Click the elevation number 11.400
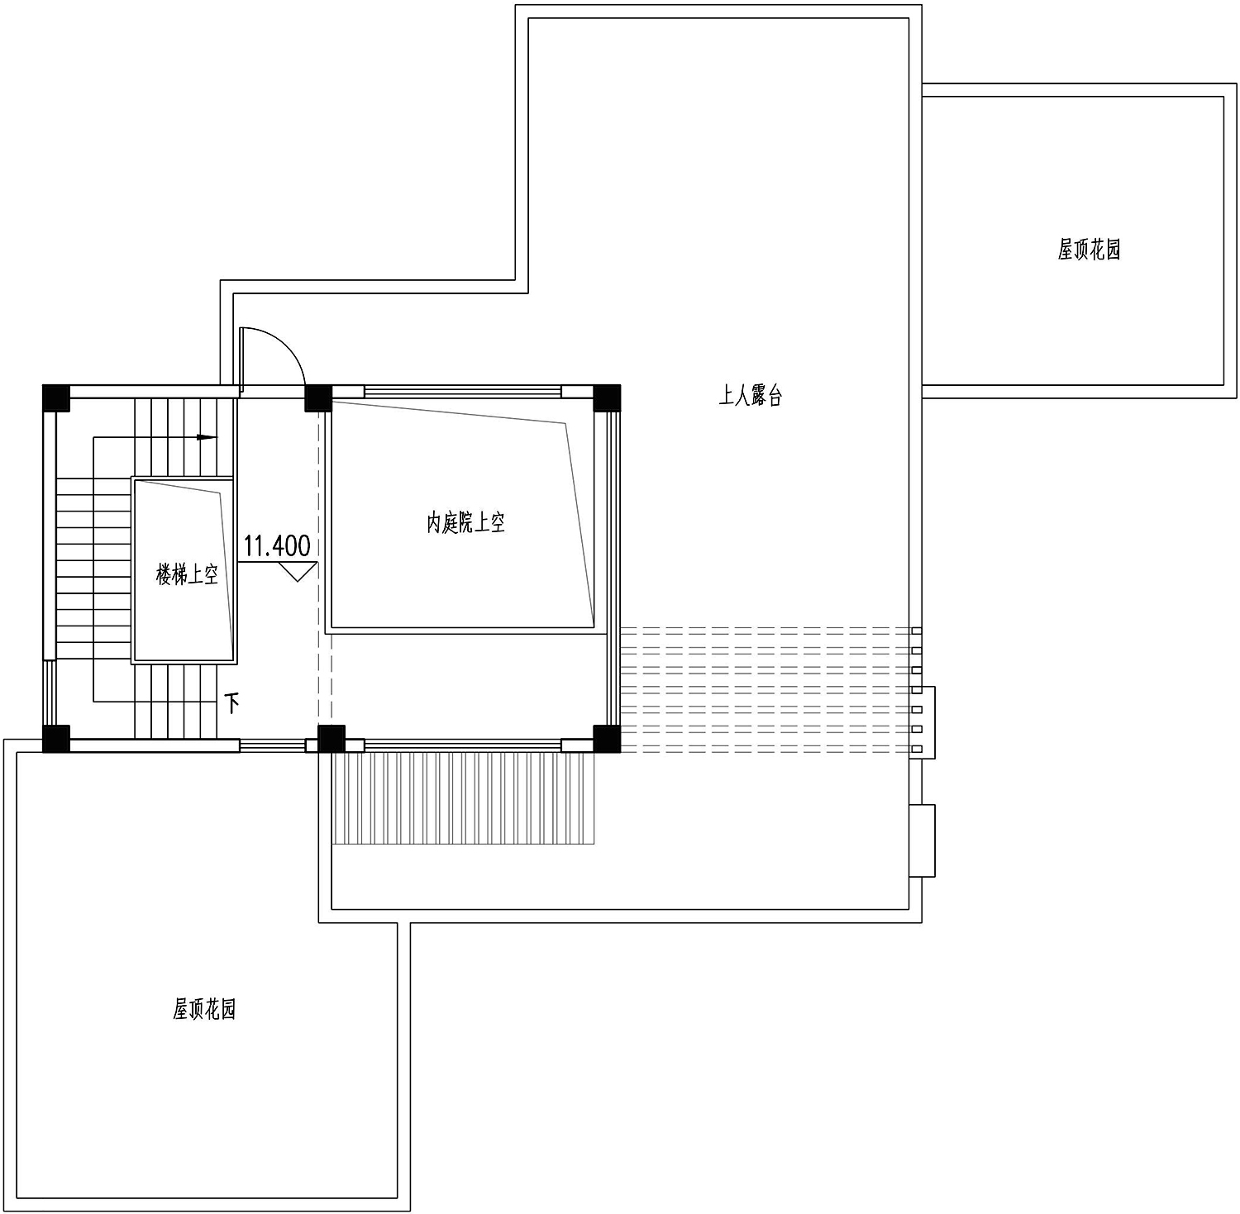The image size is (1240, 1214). point(277,545)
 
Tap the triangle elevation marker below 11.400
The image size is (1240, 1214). point(298,571)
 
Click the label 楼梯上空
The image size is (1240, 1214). point(188,574)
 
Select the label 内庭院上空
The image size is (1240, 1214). point(465,522)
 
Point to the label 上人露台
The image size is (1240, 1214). point(750,396)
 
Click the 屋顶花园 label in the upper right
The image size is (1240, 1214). point(1089,249)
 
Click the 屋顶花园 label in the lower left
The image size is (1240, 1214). point(204,1009)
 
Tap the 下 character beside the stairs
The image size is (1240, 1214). point(233,703)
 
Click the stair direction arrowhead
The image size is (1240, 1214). point(207,437)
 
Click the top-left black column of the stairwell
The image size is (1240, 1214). point(56,398)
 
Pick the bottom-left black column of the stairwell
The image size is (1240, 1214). point(56,739)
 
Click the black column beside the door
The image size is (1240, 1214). point(318,398)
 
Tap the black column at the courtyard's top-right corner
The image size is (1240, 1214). point(607,398)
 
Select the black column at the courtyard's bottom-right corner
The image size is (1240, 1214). point(607,739)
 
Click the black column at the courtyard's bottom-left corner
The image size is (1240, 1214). point(331,739)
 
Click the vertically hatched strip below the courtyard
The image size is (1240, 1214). point(464,797)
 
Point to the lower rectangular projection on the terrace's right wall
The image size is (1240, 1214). point(923,840)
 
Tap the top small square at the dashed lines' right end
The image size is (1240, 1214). point(916,631)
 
